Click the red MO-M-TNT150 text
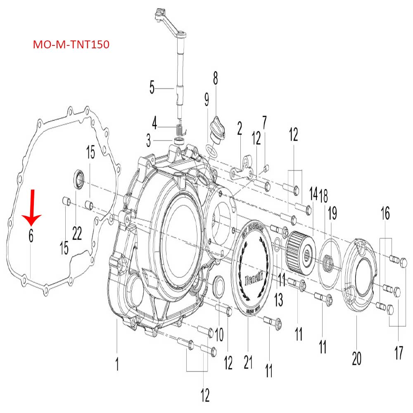pos(71,45)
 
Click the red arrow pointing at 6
pos(31,206)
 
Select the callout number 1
pos(117,364)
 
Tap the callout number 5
pos(152,88)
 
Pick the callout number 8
pos(215,78)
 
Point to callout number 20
pos(356,358)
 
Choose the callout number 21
pos(248,362)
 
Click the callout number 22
pos(77,234)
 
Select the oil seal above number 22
pos(78,179)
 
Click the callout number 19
pos(332,214)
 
